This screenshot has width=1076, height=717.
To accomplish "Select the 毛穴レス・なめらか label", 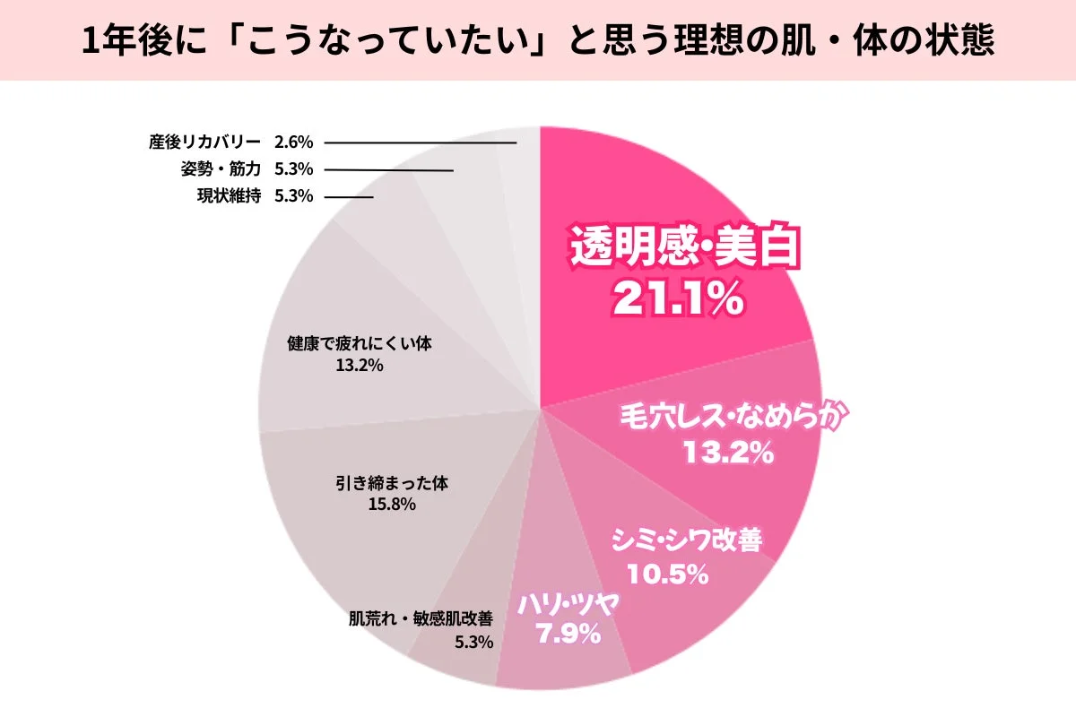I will click(x=734, y=418).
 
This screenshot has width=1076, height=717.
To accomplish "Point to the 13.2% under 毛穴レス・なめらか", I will click(x=727, y=454).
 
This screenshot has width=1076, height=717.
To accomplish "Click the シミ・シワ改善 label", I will click(x=686, y=540).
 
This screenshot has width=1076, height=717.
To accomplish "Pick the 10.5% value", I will click(x=668, y=574).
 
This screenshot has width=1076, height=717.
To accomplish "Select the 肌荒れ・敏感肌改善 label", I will click(x=421, y=618).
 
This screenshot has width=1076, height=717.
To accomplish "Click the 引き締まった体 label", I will click(x=391, y=482).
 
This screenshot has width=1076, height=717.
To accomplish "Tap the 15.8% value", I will click(x=392, y=505).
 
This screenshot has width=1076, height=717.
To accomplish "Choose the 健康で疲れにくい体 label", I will click(x=360, y=343).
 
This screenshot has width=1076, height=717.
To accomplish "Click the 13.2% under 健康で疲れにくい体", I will click(x=360, y=365).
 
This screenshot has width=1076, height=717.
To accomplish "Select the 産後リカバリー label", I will click(x=204, y=142).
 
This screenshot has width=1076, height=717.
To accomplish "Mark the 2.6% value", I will click(x=293, y=142).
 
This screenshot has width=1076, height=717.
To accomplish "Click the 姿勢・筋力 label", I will click(x=215, y=168).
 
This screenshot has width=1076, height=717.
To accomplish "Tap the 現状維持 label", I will click(x=229, y=196).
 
